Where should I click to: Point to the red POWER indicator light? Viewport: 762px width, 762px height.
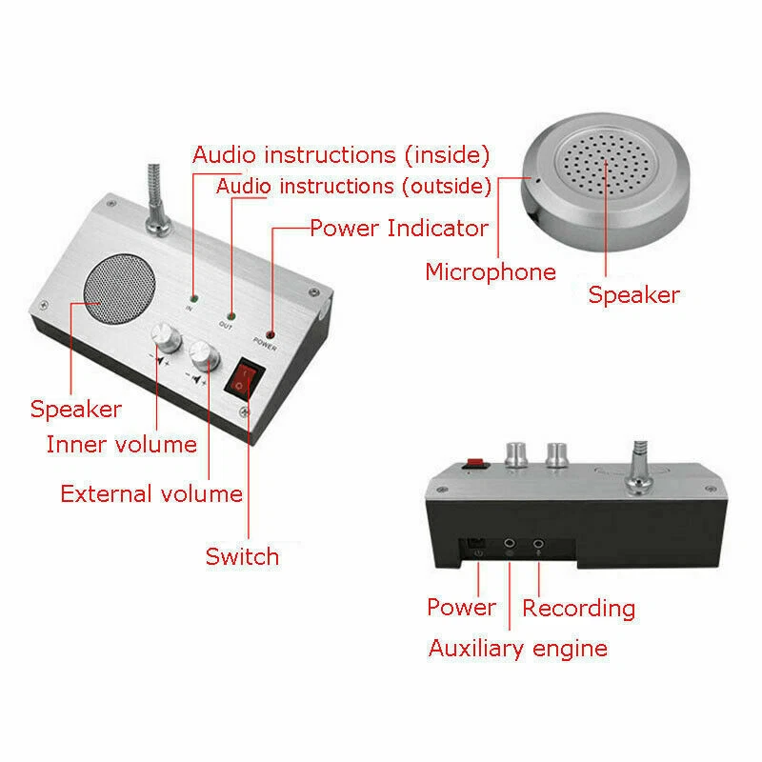coord(270,334)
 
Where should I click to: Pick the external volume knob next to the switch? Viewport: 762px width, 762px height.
coord(203,356)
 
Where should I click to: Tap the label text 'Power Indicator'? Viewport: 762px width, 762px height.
coord(398,228)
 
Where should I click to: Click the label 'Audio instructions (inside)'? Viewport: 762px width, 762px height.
coord(341,154)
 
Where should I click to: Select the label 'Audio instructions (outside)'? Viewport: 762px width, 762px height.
coord(353,185)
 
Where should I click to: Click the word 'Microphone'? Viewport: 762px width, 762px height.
coord(490,271)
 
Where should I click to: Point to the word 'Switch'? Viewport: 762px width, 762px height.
coord(242,556)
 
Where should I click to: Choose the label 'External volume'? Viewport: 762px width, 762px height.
coord(150,493)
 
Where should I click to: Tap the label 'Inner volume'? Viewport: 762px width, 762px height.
coord(121,444)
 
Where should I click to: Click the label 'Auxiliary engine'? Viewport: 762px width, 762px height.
coord(517,649)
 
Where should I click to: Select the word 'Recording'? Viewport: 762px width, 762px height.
coord(578,608)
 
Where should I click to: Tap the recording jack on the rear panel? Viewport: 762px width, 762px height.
coord(539,546)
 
